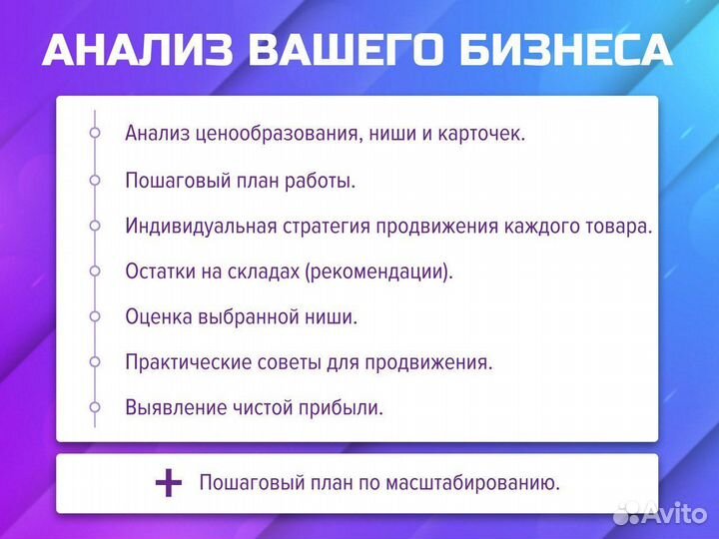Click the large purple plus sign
(169, 484)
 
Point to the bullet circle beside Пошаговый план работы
(95, 180)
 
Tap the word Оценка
(157, 317)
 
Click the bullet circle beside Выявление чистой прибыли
(95, 407)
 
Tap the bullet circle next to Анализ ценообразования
(95, 133)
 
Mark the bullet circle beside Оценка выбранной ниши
(95, 316)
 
